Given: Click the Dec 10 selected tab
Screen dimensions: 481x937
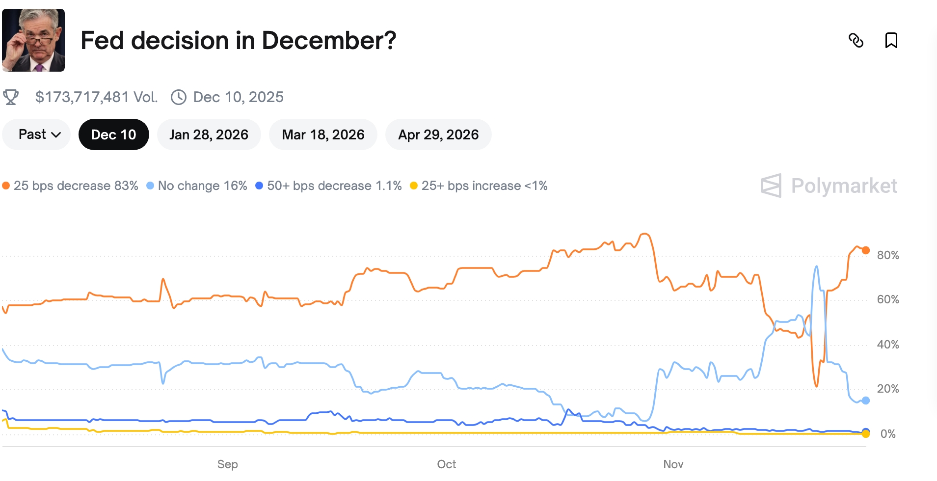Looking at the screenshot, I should point(113,134).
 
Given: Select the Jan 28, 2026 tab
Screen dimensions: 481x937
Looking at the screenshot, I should point(209,134).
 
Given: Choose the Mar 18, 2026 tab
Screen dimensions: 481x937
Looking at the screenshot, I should point(323,134).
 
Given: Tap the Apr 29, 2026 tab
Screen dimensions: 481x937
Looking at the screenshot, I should point(438,134).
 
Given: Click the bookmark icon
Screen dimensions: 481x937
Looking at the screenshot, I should point(891,40).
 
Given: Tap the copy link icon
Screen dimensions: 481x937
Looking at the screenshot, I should point(856,40).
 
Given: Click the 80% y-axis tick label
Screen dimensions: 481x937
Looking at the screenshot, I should point(888,255).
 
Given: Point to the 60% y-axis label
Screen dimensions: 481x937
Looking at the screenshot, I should point(888,299).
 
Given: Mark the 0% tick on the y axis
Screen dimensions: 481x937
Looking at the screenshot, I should point(888,434).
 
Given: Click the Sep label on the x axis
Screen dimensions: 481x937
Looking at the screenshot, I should point(227,464).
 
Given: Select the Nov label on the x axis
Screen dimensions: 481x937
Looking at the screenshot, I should point(673,464).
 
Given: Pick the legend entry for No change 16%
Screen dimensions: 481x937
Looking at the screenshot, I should point(197,186).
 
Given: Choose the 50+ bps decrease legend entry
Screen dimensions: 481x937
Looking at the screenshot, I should point(328,186).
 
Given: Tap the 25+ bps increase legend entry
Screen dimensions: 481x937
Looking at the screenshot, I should point(479,186).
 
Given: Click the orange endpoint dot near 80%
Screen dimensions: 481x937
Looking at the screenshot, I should point(866,250).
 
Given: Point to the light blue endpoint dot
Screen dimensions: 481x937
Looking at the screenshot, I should point(866,401).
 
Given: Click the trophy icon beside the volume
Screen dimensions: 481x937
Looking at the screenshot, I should point(11,97).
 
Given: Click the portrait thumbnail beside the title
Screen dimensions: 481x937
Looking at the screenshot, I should point(33,40).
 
